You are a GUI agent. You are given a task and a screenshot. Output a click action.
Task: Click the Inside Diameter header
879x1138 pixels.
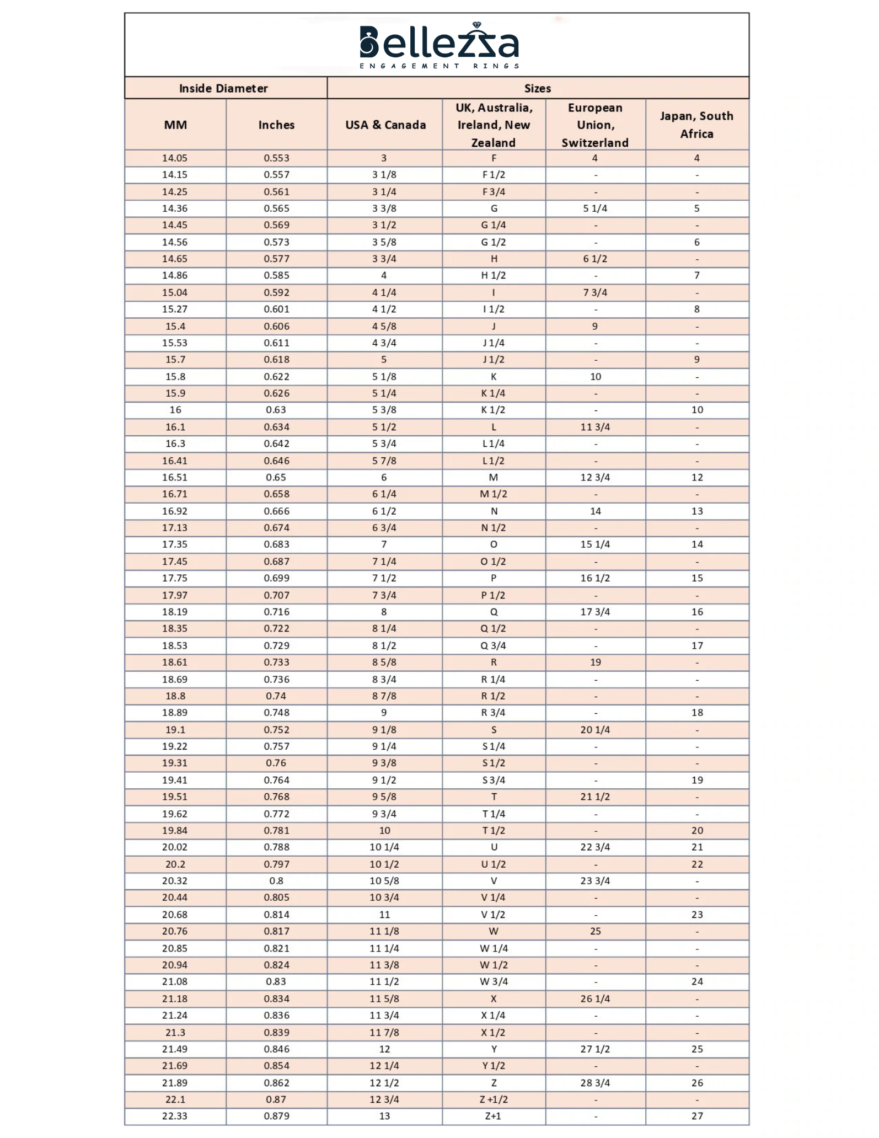[223, 88]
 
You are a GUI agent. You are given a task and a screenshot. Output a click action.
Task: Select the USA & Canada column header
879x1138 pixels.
[385, 125]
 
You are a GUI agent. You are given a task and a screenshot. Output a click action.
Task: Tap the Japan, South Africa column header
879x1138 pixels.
[696, 125]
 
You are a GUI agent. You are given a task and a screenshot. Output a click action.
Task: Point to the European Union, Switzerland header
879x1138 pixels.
[595, 125]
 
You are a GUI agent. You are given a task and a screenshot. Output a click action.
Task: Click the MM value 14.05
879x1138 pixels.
[175, 158]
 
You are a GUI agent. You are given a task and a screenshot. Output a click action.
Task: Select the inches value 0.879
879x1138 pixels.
[276, 1116]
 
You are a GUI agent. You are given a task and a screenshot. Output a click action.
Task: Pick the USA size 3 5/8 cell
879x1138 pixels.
[384, 242]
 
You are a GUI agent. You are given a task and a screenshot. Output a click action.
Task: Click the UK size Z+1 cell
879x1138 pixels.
[494, 1116]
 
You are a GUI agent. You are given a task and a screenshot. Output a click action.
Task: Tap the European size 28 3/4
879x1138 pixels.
[595, 1083]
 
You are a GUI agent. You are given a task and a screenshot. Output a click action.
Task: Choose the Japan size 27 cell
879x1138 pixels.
[697, 1116]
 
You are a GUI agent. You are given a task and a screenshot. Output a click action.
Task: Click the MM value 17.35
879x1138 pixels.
[175, 544]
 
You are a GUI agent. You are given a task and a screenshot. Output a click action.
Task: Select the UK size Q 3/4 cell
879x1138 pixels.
[494, 645]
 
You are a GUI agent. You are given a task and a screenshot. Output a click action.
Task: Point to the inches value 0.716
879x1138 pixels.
[276, 612]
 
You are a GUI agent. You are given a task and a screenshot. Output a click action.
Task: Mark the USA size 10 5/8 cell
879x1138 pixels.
[384, 881]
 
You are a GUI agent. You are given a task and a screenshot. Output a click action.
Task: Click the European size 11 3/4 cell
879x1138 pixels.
[595, 427]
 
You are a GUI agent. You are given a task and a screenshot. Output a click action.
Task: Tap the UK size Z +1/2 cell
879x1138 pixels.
[494, 1099]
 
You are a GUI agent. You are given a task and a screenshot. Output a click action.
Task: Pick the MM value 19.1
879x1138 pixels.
[175, 730]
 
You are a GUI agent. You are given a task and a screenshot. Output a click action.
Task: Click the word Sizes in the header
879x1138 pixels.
[538, 88]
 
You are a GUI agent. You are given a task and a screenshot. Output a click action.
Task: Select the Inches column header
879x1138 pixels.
[276, 125]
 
